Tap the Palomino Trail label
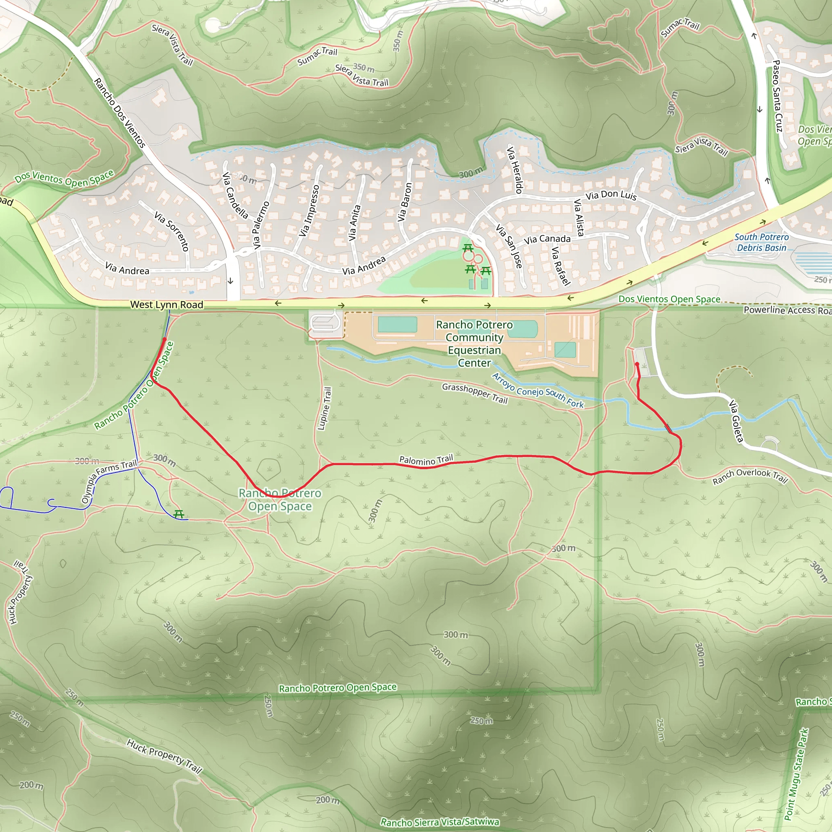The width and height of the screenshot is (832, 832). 426,460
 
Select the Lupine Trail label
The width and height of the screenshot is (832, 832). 325,408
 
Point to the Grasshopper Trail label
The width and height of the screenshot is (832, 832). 474,393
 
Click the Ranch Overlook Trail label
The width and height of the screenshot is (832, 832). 750,475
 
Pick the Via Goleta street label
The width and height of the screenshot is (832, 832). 736,421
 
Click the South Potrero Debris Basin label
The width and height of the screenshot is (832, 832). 761,243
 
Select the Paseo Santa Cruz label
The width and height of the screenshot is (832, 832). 777,95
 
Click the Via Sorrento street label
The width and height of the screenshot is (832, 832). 172,231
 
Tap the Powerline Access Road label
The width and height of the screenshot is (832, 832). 787,310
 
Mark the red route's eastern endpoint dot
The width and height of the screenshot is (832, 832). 637,364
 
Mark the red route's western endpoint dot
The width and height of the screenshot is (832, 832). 165,339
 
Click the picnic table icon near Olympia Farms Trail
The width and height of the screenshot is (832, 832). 179,514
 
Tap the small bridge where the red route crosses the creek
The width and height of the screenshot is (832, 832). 668,428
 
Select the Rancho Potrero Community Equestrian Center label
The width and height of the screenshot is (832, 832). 474,344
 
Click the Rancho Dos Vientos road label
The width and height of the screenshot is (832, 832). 120,113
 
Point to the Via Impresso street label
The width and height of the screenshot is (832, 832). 310,210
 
